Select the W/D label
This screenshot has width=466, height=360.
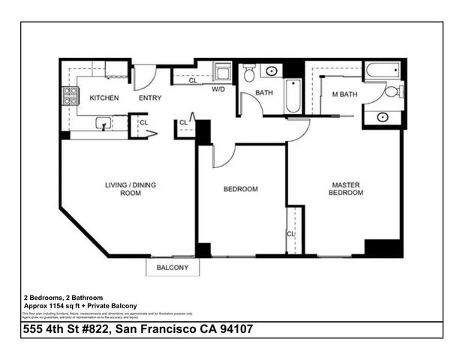pos(218,90)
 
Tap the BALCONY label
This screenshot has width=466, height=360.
pos(172,268)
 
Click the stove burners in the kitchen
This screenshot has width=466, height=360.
pos(71,95)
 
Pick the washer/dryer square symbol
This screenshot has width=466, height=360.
pos(224,73)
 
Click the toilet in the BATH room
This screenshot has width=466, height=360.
pos(250,73)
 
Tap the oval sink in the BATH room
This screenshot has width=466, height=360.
pos(271,72)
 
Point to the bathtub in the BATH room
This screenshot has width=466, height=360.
pos(293,97)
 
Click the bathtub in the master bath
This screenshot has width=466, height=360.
pos(383,72)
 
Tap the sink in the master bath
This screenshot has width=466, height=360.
pos(383,117)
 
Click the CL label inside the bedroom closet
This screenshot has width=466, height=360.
pos(290,234)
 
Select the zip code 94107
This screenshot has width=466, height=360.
pos(251,329)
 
